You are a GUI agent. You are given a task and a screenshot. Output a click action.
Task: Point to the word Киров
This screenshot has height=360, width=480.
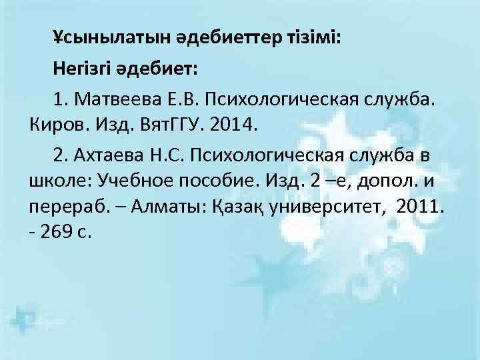point(52,124)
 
